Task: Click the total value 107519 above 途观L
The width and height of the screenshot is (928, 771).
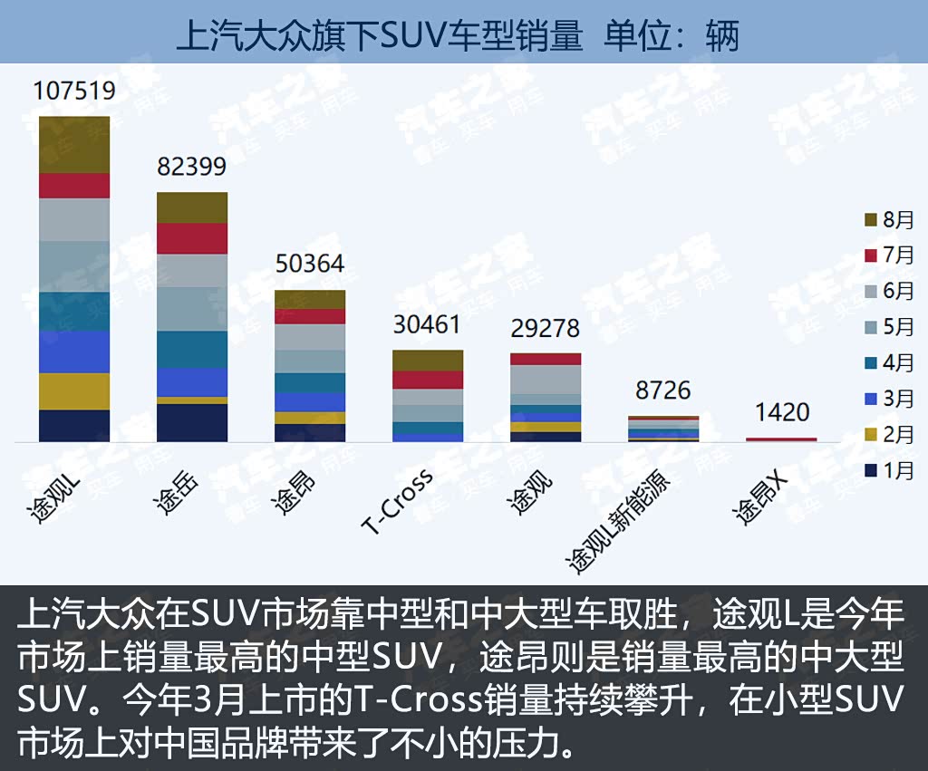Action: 74,91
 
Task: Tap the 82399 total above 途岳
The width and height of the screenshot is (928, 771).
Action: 191,167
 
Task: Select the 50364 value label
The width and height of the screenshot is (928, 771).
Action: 310,264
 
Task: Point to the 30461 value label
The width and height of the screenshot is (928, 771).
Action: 427,324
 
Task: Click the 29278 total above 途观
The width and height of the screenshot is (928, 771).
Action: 545,328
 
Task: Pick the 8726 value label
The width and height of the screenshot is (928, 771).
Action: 662,390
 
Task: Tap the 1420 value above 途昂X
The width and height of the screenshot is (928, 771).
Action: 781,412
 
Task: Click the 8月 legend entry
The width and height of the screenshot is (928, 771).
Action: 889,219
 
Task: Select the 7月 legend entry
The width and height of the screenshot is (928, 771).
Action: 889,255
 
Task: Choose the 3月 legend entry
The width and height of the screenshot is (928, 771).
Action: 889,399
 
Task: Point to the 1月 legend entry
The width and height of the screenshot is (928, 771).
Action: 889,470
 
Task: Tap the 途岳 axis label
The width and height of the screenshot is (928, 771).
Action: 177,494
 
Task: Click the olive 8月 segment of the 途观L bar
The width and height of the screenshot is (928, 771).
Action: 74,144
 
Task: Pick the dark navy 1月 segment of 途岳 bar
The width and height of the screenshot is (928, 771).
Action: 192,422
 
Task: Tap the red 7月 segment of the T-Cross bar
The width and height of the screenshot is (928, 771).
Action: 428,380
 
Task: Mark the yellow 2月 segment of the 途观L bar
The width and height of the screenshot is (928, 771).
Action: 74,391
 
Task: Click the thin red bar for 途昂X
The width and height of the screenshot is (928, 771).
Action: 781,439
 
